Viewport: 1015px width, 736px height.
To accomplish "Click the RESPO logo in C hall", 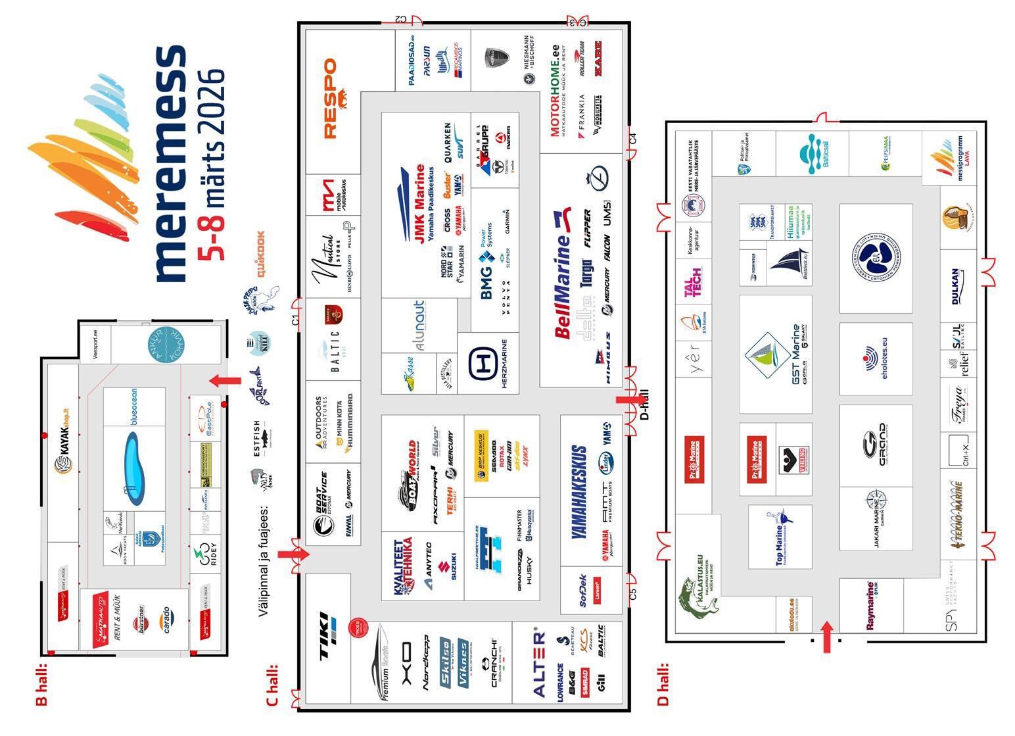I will (330, 99).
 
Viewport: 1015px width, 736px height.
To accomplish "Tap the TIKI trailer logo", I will (325, 635).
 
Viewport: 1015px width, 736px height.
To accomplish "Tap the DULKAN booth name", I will (957, 286).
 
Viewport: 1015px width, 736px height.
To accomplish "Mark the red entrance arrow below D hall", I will (827, 637).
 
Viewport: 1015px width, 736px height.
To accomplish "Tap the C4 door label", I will (633, 139).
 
